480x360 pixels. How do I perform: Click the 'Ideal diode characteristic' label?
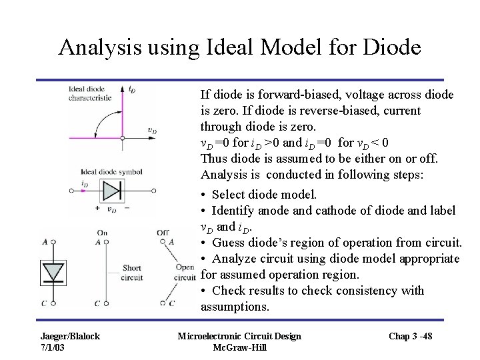coord(91,93)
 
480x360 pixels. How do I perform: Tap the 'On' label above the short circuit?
coord(102,232)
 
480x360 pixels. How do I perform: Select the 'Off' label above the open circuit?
coord(162,232)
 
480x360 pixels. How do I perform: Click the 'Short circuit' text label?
coord(132,273)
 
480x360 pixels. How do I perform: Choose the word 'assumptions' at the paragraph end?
coord(235,307)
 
